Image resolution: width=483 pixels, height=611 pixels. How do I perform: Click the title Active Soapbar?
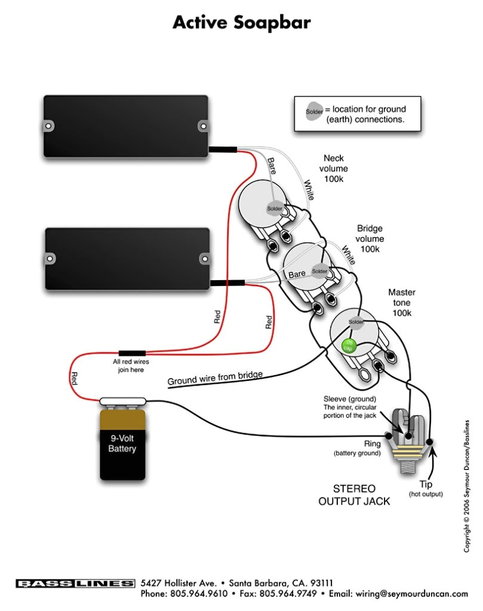tap(241, 23)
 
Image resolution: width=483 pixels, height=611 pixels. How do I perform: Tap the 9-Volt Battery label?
tap(122, 444)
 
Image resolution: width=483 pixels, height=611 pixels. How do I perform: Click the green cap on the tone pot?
tap(346, 345)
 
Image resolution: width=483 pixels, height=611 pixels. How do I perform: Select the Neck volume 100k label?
tap(334, 168)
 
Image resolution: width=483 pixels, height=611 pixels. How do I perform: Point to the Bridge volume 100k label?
tap(370, 238)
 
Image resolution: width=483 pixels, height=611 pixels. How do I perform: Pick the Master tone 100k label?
tap(401, 303)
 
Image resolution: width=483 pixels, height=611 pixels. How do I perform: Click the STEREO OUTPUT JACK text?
tap(353, 495)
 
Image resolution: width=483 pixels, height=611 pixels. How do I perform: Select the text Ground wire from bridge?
tap(214, 378)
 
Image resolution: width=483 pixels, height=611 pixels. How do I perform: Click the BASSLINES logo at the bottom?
tap(75, 583)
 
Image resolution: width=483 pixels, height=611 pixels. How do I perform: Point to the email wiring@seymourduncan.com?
tap(411, 594)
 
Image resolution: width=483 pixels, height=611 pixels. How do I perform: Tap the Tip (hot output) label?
tap(426, 489)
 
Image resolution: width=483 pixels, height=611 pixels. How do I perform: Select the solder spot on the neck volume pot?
tap(273, 208)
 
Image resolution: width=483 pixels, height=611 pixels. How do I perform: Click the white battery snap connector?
tap(122, 402)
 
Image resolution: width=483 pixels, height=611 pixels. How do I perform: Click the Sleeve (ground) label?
tap(350, 398)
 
